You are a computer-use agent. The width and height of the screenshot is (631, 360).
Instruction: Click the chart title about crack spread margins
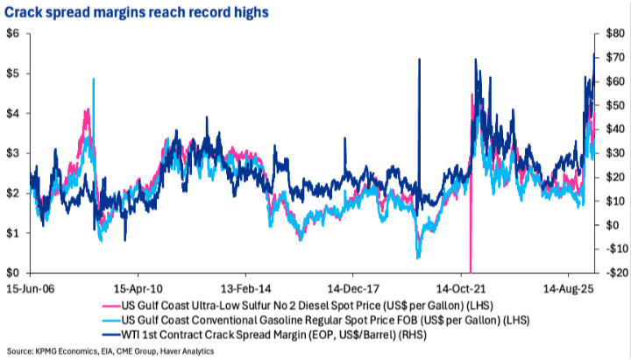pos(137,12)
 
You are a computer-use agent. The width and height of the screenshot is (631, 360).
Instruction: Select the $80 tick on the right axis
pos(615,34)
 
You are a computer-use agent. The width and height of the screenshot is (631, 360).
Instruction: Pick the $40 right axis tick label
pos(615,129)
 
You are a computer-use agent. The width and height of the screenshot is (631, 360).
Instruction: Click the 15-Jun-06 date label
pos(31,289)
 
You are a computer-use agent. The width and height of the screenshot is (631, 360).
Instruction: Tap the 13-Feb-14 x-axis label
pos(245,289)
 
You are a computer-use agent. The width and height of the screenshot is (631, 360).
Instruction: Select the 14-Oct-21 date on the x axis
pos(461,289)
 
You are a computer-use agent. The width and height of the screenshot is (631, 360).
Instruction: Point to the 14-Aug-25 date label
pos(568,289)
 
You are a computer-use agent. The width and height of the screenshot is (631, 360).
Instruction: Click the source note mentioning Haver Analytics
pos(110,351)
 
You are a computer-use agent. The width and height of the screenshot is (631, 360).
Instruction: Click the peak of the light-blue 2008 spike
pos(94,79)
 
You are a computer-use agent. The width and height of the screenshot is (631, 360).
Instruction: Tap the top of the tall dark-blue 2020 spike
pos(419,60)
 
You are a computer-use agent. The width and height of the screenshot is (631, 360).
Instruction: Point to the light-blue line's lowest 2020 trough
pos(418,258)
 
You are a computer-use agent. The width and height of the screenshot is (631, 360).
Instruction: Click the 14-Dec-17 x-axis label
pos(353,289)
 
